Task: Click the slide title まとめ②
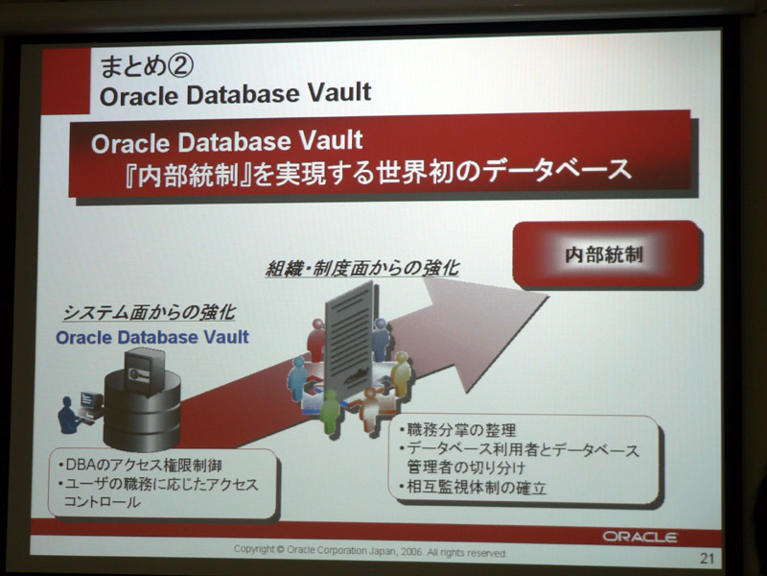pos(147,66)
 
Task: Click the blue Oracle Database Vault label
pos(152,337)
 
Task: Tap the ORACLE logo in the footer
pos(639,537)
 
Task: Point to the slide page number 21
pos(707,558)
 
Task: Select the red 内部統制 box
pos(607,253)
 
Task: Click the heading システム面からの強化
pos(150,313)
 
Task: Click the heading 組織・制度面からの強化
pos(362,268)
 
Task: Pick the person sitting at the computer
pos(70,416)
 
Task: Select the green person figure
pos(329,412)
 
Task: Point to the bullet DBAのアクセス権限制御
pos(140,465)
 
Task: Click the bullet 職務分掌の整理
pos(457,430)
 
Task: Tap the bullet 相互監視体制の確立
pos(473,488)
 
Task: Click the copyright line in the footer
pos(370,551)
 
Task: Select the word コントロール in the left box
pos(103,501)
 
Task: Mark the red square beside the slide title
pos(65,81)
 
